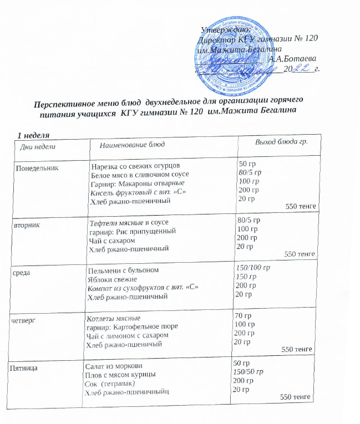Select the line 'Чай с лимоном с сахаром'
(x=123, y=336)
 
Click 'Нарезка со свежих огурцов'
(x=136, y=166)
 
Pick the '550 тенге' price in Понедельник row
(x=301, y=206)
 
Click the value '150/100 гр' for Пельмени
(x=253, y=268)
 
